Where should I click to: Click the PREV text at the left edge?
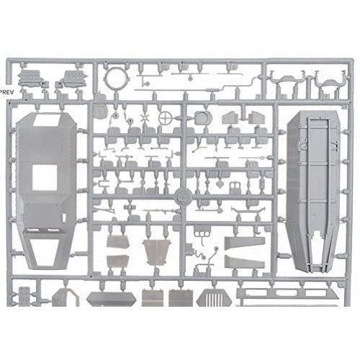tap(7, 92)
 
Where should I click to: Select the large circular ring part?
tap(107, 78)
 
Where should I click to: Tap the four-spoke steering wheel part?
tap(166, 118)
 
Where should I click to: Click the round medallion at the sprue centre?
tap(183, 197)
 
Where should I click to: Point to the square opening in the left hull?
tap(45, 178)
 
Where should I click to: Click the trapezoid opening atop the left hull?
tap(48, 120)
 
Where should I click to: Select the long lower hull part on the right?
tap(313, 192)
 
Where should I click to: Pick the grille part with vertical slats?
tap(214, 297)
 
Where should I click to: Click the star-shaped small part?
tap(145, 117)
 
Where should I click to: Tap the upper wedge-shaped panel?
tap(245, 243)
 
